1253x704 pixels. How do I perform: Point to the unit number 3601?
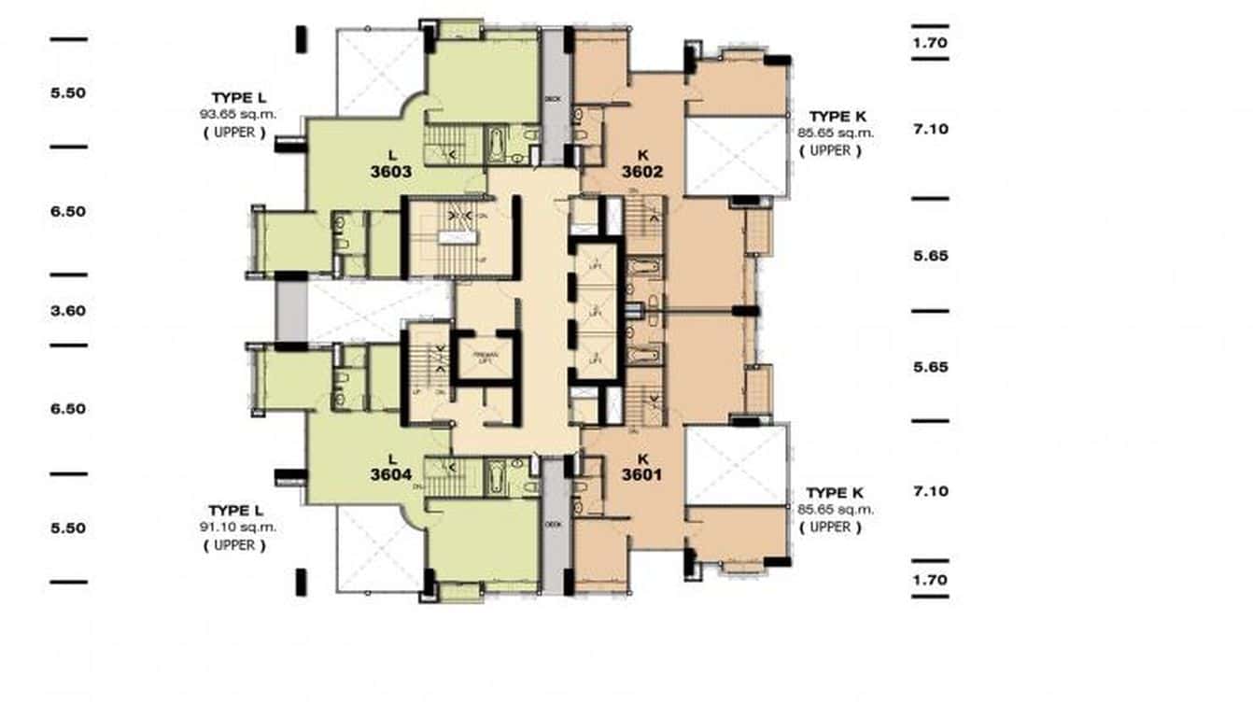point(641,474)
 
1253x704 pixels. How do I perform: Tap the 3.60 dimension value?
point(68,310)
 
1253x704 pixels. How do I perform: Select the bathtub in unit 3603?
point(497,147)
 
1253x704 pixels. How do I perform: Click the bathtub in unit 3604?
point(497,478)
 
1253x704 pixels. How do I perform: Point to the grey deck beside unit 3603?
point(554,98)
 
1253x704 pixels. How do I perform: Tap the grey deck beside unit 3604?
point(554,526)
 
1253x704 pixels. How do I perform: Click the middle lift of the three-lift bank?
point(594,310)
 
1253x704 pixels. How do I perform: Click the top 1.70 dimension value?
point(930,42)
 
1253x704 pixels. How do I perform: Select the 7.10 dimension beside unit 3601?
point(930,491)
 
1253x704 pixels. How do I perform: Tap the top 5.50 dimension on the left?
point(68,92)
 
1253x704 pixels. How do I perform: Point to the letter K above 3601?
point(641,458)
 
